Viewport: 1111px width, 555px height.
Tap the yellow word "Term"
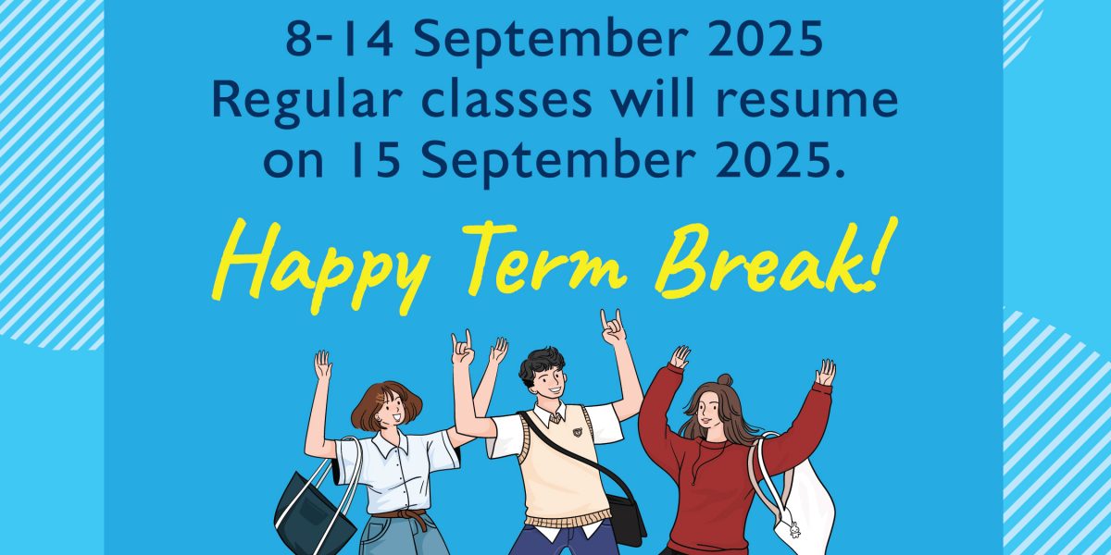click(544, 258)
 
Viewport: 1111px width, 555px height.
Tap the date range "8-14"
click(340, 40)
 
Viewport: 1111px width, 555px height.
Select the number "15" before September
click(373, 161)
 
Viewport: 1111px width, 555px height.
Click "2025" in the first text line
click(766, 40)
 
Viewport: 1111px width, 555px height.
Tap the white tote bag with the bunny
click(798, 500)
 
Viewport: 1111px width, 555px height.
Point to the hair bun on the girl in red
click(725, 380)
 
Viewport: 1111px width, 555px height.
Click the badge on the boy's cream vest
click(578, 432)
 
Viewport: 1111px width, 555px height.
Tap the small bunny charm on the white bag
click(794, 530)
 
